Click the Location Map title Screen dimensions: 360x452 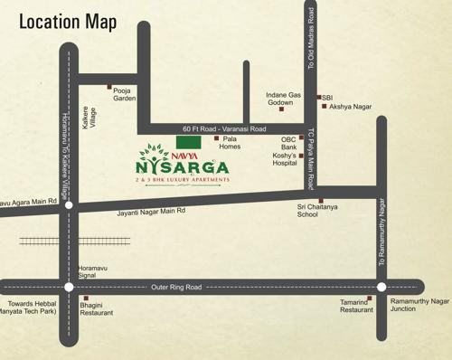point(67,21)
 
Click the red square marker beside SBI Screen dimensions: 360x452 point(318,97)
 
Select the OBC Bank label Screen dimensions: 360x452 point(288,142)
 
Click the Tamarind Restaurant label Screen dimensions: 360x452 point(356,306)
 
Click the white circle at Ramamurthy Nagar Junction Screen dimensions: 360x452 point(381,287)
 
